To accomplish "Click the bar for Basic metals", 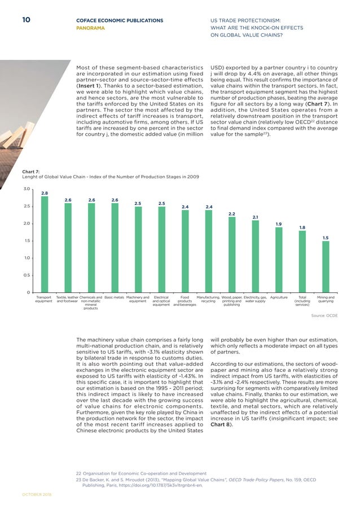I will [115, 247].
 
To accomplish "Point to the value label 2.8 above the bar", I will [44, 193].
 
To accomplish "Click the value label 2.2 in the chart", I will [231, 213].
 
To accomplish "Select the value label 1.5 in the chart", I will [326, 238].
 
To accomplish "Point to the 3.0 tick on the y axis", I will [25, 189].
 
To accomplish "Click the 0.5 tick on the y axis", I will [25, 275].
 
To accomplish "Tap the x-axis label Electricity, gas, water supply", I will [255, 299].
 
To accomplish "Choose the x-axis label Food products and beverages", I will [185, 301].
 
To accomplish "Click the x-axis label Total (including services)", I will [302, 301].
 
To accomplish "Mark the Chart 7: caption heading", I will [30, 170].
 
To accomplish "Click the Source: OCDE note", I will [324, 317].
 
